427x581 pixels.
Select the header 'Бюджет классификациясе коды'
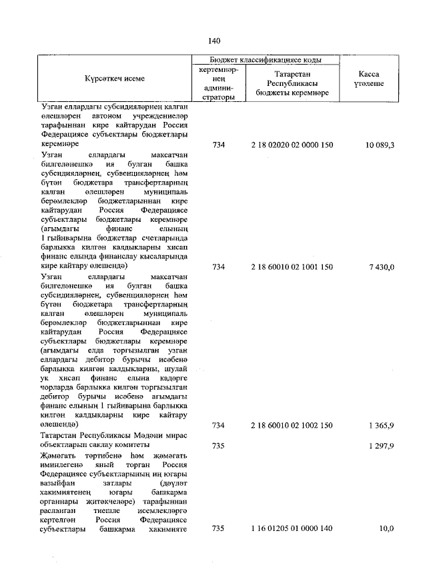(266, 60)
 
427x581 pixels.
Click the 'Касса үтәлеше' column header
(370, 79)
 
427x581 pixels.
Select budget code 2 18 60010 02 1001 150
(292, 267)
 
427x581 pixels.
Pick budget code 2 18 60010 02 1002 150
(292, 425)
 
